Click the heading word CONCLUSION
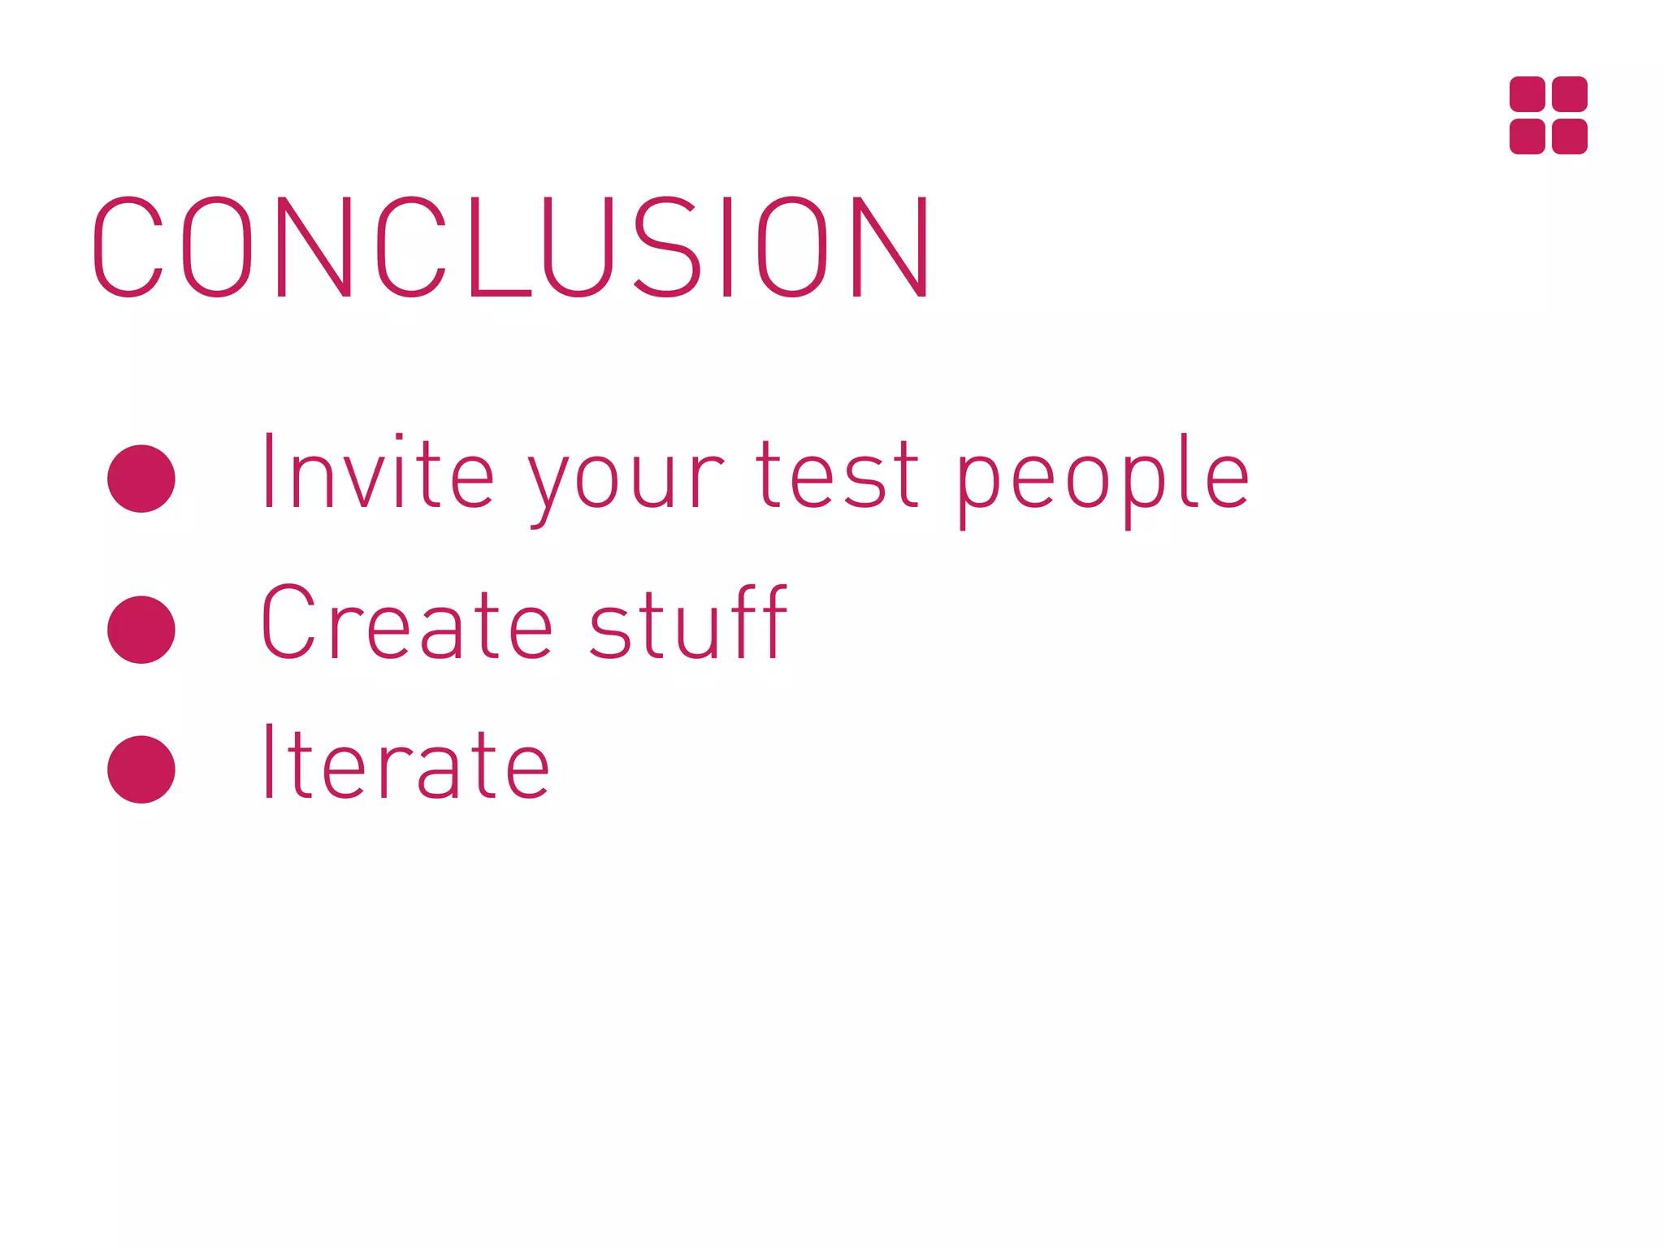click(512, 247)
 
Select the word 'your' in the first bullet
click(625, 479)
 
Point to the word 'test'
click(838, 474)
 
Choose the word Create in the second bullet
click(406, 622)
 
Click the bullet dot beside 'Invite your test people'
click(141, 479)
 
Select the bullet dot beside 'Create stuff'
click(141, 630)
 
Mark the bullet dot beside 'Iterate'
click(141, 769)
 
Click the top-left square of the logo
click(1527, 94)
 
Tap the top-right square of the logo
click(1570, 94)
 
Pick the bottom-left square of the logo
click(1527, 136)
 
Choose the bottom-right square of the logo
click(1570, 136)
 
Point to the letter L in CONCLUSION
click(496, 247)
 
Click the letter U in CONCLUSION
click(578, 247)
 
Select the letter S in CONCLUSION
click(666, 247)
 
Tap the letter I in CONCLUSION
click(727, 247)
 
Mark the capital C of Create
click(287, 622)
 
